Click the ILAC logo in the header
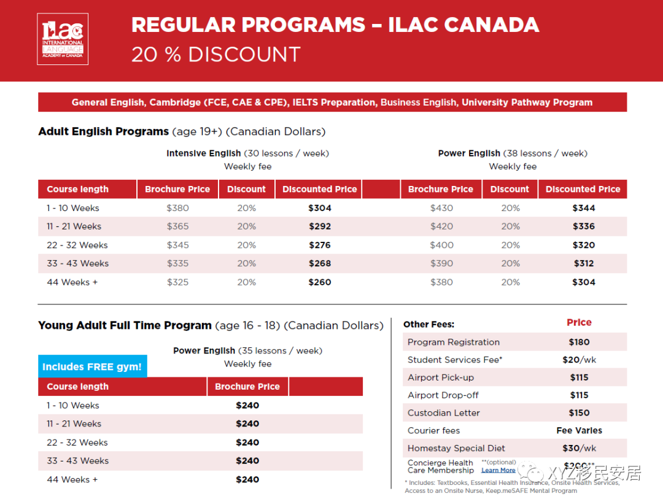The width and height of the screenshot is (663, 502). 63,39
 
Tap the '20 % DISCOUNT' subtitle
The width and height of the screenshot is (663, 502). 215,55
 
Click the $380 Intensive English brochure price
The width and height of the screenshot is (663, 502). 177,208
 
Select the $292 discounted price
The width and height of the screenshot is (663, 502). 319,226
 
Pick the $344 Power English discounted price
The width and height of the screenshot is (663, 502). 583,208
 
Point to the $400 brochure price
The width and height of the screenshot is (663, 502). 441,245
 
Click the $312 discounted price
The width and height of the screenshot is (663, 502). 583,263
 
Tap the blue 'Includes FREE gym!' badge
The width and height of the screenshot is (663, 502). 92,367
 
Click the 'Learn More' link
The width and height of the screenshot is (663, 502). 498,471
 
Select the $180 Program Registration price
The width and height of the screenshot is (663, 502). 579,342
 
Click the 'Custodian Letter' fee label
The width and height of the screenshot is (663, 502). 443,413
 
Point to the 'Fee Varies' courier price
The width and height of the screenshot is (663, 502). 579,431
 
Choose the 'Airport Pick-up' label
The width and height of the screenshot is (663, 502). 440,377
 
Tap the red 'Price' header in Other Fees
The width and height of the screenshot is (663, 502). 579,323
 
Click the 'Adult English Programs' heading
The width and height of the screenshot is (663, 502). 103,132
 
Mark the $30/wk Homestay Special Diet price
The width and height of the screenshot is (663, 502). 579,449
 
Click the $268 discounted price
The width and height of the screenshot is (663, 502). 319,263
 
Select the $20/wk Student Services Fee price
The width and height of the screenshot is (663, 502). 579,360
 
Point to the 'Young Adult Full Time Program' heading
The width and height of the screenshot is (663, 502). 125,326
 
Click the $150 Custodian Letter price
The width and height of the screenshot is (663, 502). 579,413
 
